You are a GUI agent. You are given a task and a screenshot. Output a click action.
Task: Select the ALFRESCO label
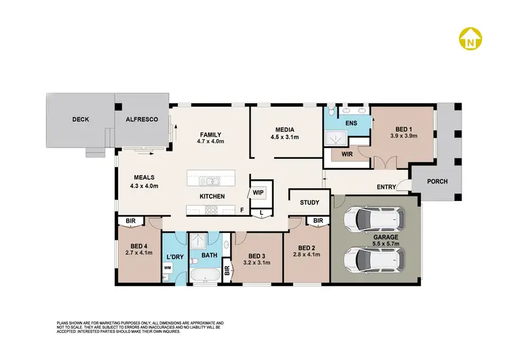coord(141,120)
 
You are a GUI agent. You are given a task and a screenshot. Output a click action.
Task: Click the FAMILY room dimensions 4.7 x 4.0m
coord(210,141)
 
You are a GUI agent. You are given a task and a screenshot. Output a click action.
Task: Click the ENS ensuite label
coord(351,123)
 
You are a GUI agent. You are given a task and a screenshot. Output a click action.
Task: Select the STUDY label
coord(309,202)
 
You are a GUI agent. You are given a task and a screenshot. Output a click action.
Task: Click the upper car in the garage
coord(375,219)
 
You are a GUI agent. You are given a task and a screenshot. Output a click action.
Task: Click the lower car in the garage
coord(375,259)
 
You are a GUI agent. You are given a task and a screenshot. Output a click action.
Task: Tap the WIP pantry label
coord(258,192)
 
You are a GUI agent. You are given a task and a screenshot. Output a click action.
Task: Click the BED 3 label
coord(255,256)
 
